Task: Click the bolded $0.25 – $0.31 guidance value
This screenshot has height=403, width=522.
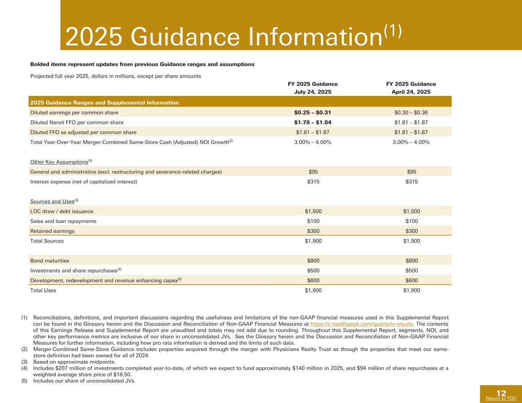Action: click(312, 113)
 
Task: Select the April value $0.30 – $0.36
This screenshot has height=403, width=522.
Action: click(411, 113)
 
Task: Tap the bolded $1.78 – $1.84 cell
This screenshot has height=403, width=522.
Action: click(312, 123)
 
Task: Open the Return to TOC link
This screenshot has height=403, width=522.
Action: click(501, 398)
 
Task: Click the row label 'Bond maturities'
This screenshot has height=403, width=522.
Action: click(50, 261)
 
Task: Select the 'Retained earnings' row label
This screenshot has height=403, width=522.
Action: click(52, 231)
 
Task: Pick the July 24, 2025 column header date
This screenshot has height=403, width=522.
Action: click(312, 92)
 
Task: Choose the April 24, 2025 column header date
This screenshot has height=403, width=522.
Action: click(411, 92)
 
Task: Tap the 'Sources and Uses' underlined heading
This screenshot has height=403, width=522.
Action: click(52, 201)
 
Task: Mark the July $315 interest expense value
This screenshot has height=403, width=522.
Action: click(313, 182)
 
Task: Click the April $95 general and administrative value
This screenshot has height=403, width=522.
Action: click(411, 172)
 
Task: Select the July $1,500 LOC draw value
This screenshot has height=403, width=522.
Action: click(313, 211)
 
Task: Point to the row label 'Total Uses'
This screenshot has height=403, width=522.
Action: click(43, 290)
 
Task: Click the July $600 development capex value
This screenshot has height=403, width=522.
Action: click(313, 280)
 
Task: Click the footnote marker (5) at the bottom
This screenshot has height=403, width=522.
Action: click(24, 381)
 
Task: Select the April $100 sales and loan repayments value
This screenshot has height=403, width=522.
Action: click(411, 221)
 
